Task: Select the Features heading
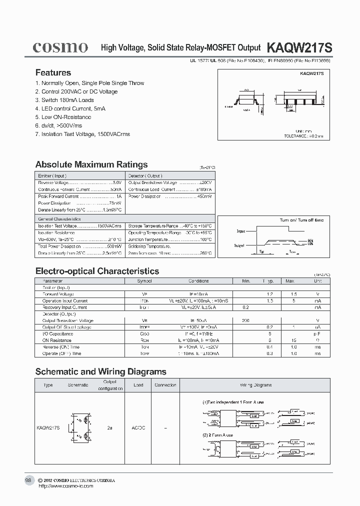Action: (x=53, y=72)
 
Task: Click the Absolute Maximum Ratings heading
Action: (x=91, y=164)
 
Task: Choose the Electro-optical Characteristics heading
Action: (x=97, y=271)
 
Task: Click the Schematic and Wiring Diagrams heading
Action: (x=100, y=371)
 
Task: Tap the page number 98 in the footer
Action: (x=28, y=480)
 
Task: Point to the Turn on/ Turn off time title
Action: (x=301, y=220)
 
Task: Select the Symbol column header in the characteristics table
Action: (x=144, y=281)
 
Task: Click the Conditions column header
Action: (x=198, y=281)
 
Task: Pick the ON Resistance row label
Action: (x=56, y=340)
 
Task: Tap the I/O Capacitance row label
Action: (x=57, y=333)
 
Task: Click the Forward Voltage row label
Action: (x=58, y=294)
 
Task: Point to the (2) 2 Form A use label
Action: (x=218, y=435)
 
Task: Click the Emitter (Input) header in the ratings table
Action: (x=52, y=176)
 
